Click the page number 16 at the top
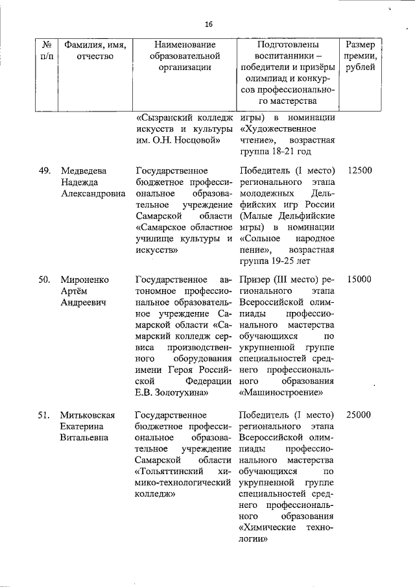click(x=209, y=24)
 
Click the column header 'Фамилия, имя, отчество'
click(x=95, y=51)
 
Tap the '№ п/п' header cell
click(x=46, y=51)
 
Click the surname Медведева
click(x=84, y=171)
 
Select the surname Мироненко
click(x=85, y=280)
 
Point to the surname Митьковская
click(x=88, y=414)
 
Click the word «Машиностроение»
click(x=281, y=392)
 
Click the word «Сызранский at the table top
click(x=165, y=117)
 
